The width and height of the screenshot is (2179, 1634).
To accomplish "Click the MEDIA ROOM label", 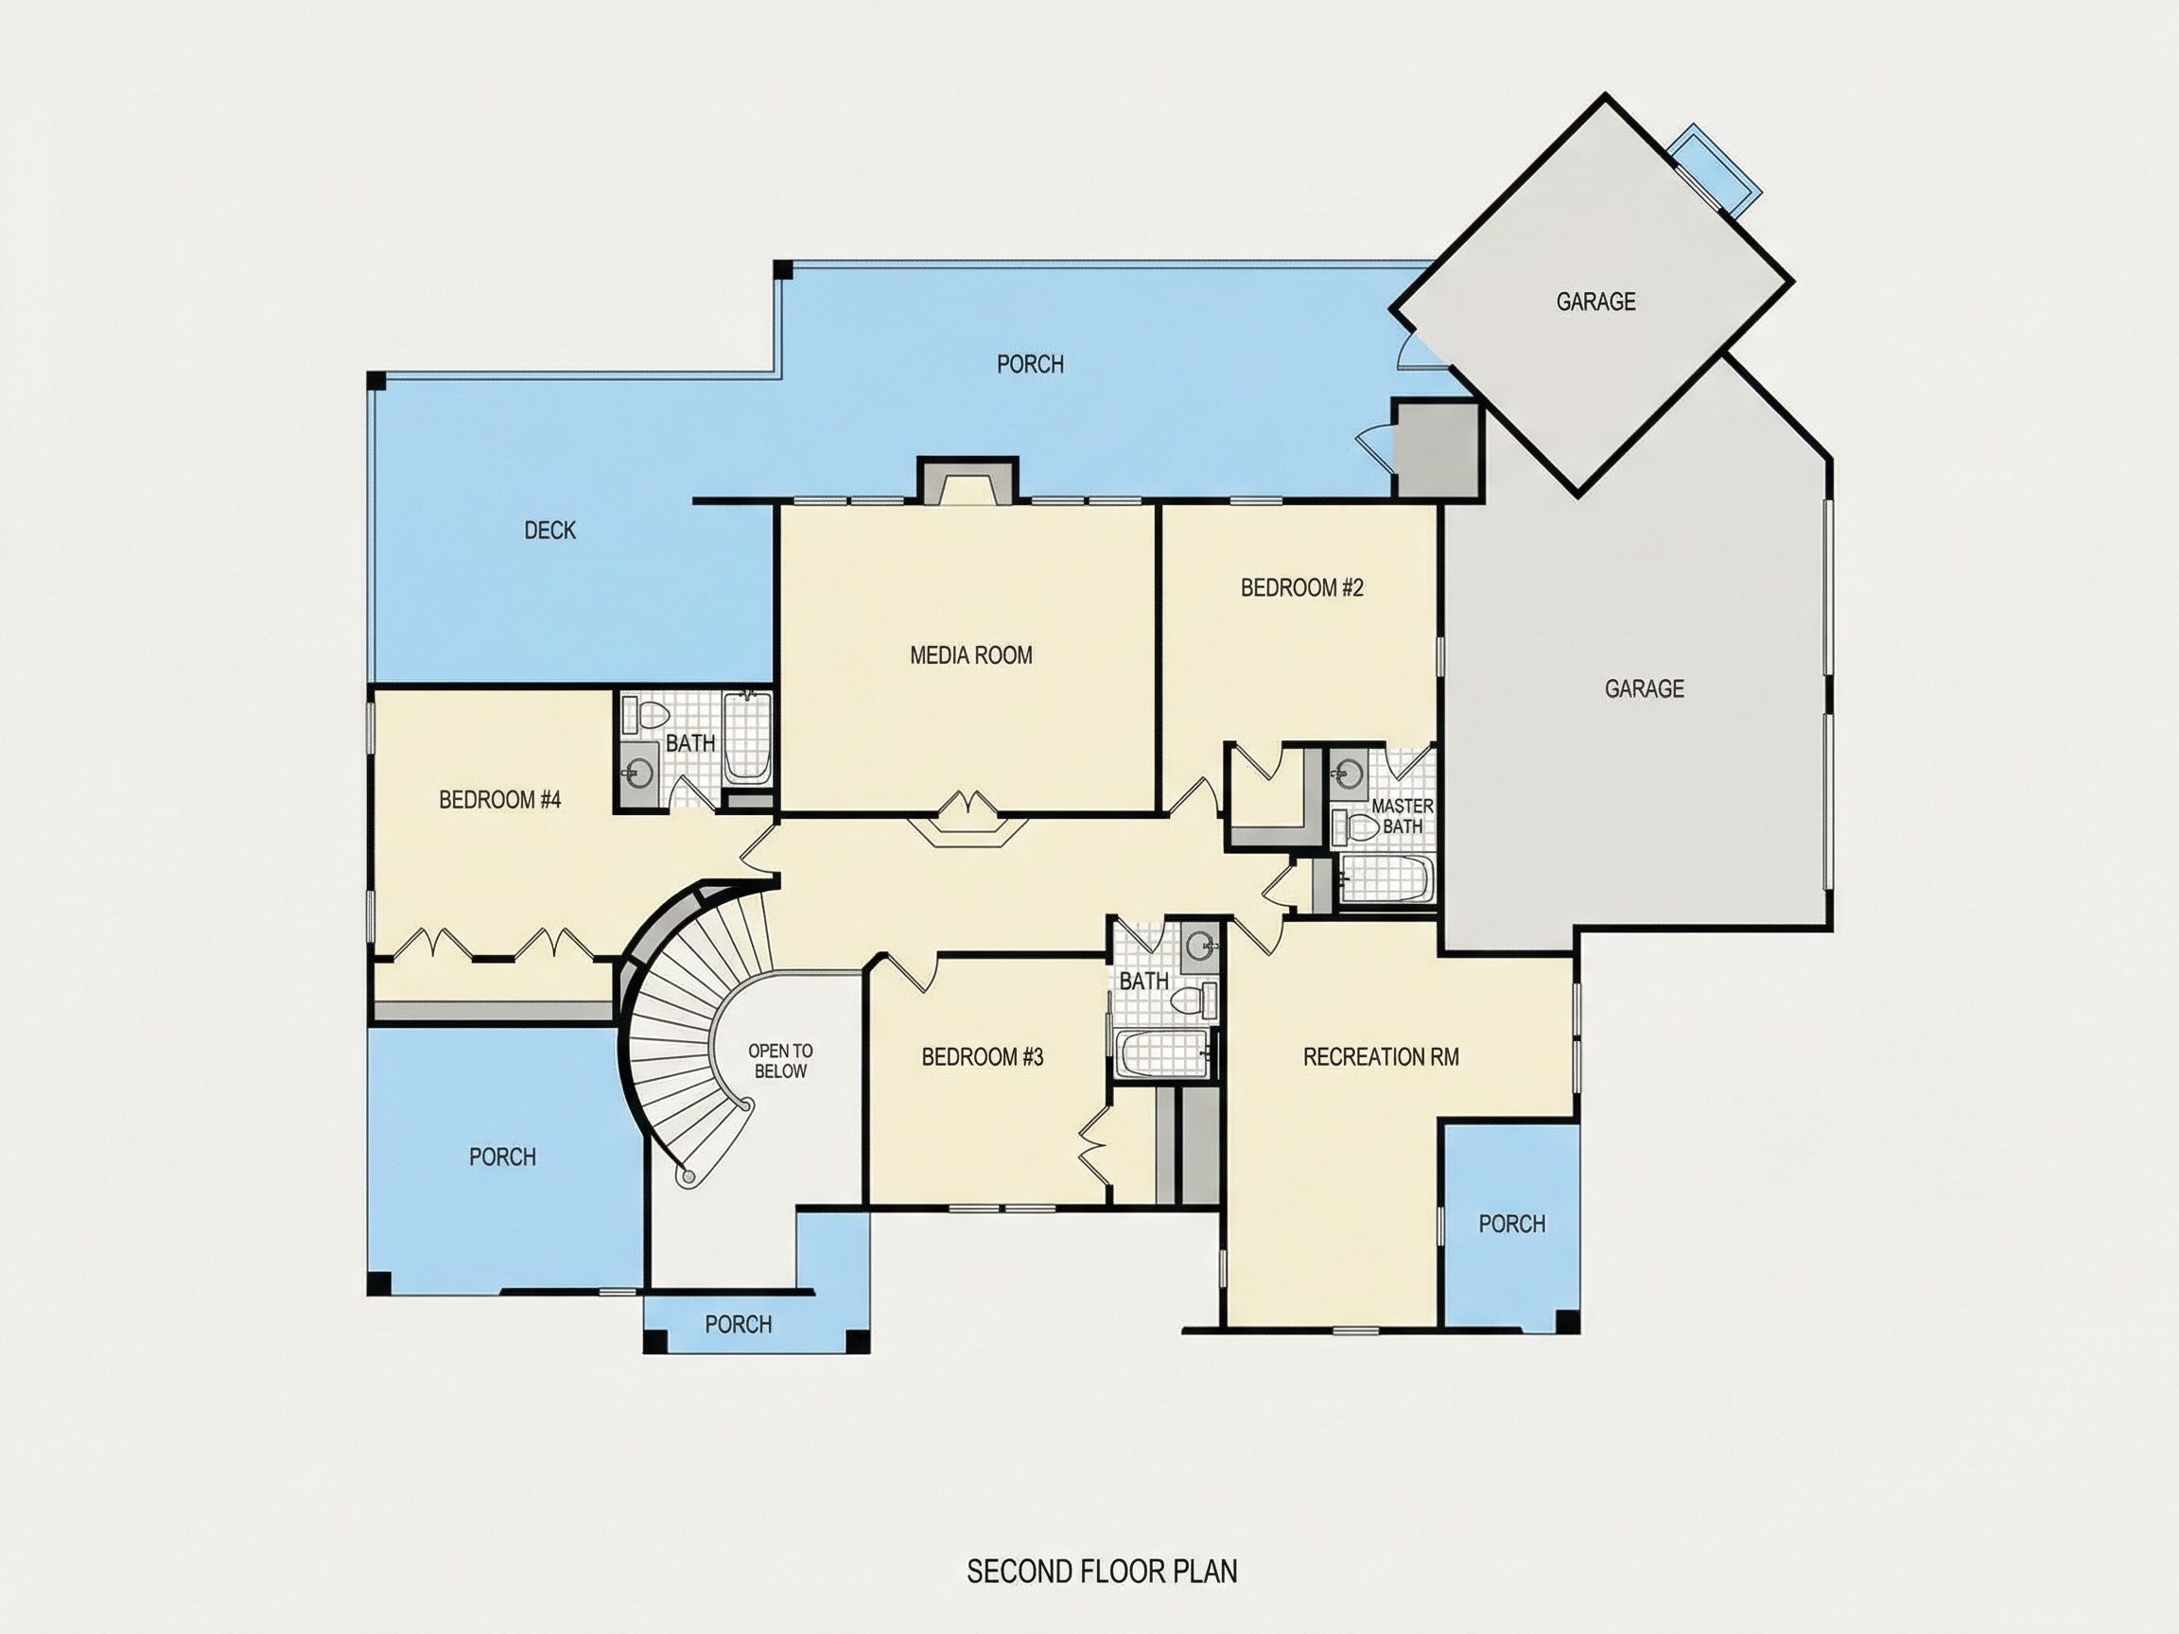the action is [971, 655].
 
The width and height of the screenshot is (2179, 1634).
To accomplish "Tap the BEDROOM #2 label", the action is [1301, 588].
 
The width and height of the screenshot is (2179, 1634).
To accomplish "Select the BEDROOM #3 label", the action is [982, 1057].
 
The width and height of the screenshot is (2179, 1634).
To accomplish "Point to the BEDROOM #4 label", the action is [499, 800].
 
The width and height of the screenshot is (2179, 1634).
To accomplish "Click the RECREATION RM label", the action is [1381, 1057].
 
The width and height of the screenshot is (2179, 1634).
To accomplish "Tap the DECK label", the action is [549, 530].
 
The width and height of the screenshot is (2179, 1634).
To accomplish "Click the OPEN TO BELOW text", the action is [780, 1061].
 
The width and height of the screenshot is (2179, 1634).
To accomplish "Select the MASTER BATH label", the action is [1402, 816].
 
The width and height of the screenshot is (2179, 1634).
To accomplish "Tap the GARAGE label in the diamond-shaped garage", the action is [1595, 302].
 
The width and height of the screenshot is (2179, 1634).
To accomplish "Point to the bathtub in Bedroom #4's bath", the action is [748, 739].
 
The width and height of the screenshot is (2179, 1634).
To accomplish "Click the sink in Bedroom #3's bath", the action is [1201, 947].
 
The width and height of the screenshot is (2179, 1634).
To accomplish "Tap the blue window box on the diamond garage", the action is [1713, 167].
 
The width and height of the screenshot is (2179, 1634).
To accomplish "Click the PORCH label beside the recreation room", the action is [1511, 1225].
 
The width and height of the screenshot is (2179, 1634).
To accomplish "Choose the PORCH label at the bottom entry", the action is [738, 1325].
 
